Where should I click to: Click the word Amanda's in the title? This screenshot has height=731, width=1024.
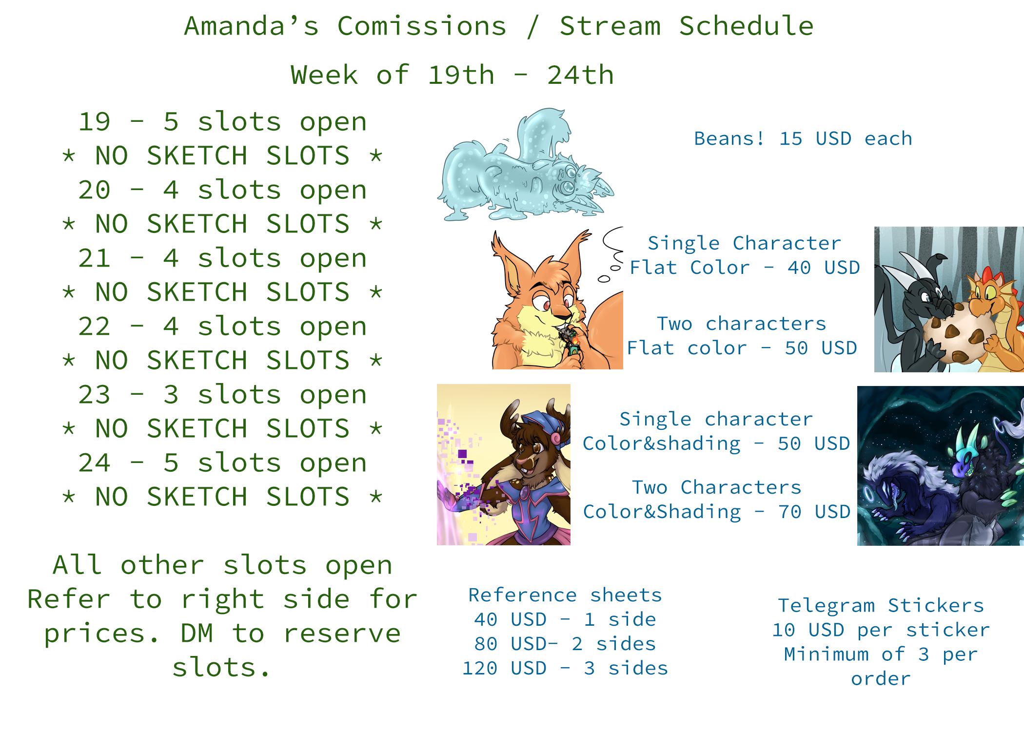pos(251,26)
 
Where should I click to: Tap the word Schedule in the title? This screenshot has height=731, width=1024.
pos(747,26)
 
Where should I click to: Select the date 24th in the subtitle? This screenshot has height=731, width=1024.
pos(580,75)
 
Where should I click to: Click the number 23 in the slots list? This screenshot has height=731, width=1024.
pos(95,395)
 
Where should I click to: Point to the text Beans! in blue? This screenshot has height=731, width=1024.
pos(729,138)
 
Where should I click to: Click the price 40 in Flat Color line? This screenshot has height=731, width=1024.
pos(799,268)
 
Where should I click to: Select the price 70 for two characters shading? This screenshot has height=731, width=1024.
pos(790,512)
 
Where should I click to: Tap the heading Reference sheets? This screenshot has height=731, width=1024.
pos(565,595)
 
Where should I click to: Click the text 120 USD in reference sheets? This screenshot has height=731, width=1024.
pos(504,668)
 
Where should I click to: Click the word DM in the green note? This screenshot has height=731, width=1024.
pos(197,634)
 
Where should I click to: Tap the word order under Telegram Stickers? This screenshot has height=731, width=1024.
pos(881,679)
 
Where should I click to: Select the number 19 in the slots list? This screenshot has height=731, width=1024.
pos(95,122)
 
